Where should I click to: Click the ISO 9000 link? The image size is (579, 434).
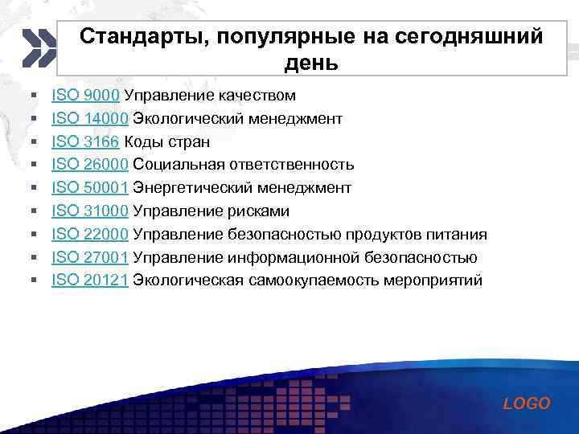coord(85,96)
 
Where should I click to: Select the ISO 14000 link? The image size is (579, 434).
coord(89,120)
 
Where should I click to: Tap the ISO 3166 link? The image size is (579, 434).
coord(85,142)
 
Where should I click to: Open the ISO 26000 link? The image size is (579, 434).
coord(89,166)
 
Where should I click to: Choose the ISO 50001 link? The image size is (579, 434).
coord(89,189)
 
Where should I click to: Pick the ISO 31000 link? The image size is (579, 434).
coord(89,212)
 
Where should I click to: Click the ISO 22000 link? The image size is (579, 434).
coord(89,235)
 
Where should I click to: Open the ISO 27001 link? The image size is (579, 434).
coord(89,258)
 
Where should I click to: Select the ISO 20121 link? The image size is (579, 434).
coord(89,281)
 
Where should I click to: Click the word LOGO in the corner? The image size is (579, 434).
coord(527,403)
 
